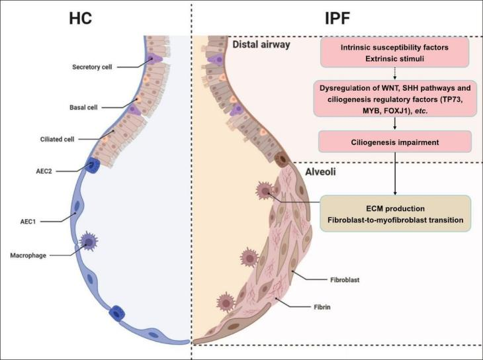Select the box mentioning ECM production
[396, 212]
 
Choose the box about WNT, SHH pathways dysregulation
[396, 99]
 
